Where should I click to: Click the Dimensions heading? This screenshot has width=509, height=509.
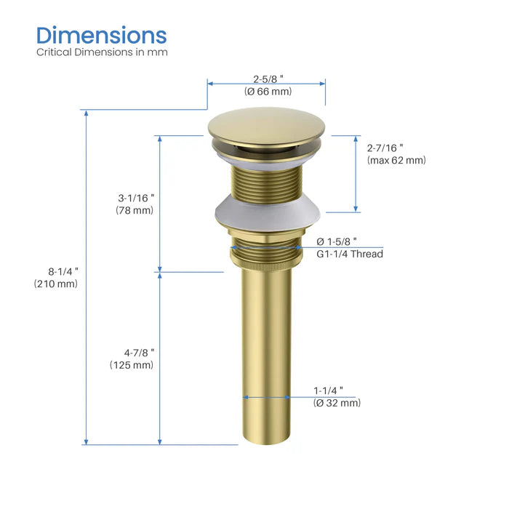[x=102, y=35]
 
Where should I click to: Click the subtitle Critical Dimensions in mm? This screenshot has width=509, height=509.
[x=102, y=52]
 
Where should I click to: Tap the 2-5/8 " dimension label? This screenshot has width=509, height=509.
[x=266, y=79]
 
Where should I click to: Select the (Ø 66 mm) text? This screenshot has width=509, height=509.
[x=267, y=92]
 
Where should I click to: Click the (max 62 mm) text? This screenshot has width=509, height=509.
[x=396, y=160]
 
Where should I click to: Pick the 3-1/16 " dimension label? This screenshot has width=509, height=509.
[x=136, y=197]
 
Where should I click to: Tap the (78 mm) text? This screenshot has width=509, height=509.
[x=135, y=210]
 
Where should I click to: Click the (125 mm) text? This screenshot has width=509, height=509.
[x=132, y=365]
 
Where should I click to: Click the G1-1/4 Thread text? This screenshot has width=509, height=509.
[x=349, y=254]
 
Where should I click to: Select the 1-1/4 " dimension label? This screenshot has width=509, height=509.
[x=332, y=390]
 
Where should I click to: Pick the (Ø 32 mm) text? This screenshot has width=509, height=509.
[x=337, y=403]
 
